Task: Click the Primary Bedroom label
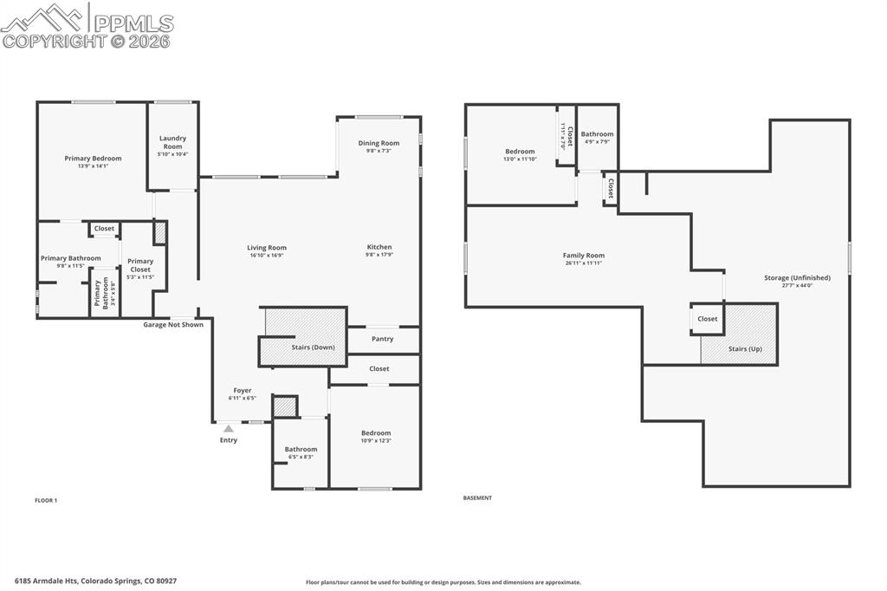point(93,159)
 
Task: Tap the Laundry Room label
point(172,142)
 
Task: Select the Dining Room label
point(379,143)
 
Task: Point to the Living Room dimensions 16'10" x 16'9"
point(266,256)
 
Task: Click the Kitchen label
point(379,247)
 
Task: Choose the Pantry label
point(382,339)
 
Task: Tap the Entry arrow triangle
point(228,428)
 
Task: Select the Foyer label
point(243,390)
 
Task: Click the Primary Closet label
point(140,265)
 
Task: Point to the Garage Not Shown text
point(173,325)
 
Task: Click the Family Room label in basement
point(583,256)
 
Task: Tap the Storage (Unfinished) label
point(797,278)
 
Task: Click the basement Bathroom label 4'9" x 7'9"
point(597,134)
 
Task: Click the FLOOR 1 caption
point(46,500)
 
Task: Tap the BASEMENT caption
point(477,498)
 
